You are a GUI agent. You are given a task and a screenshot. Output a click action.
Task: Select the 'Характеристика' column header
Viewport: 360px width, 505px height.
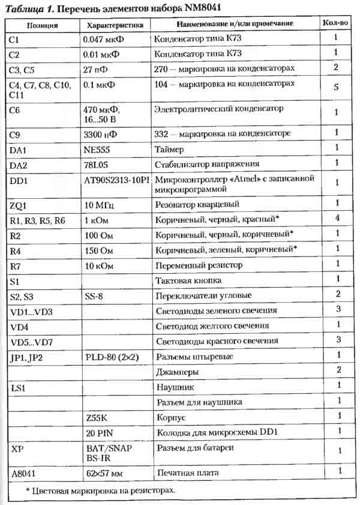[115, 26]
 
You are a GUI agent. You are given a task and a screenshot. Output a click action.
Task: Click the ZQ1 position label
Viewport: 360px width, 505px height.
[20, 205]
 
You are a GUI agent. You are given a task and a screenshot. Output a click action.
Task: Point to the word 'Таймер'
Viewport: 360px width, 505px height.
[170, 148]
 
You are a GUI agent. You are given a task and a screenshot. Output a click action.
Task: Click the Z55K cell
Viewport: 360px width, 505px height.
[97, 416]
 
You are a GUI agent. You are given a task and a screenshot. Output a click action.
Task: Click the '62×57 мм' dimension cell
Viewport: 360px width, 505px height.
[105, 474]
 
